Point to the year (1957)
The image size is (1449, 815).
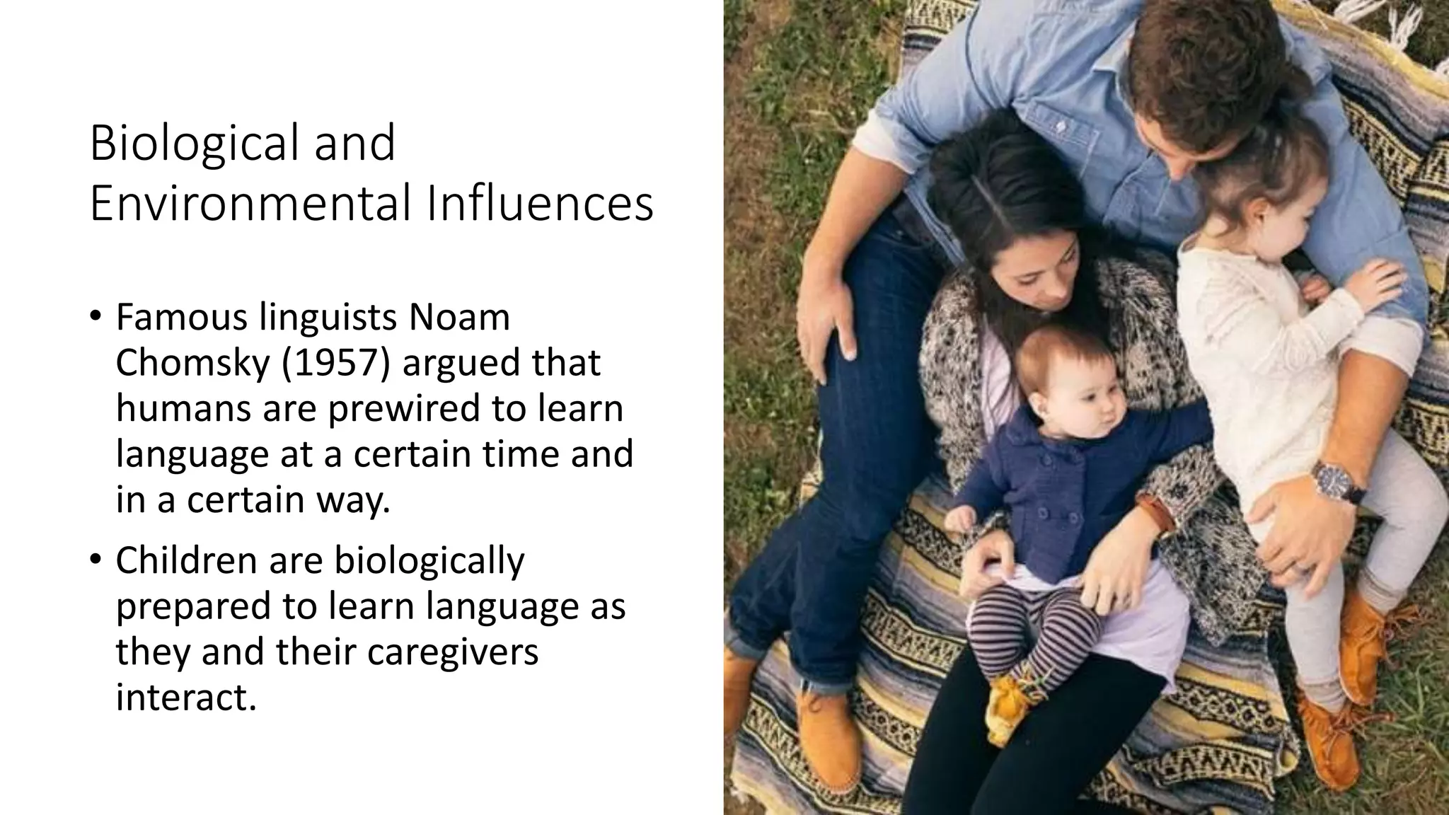pyautogui.click(x=335, y=363)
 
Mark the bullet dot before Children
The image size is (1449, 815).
pyautogui.click(x=96, y=560)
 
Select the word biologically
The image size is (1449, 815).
pyautogui.click(x=429, y=560)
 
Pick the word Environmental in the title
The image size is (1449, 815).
pyautogui.click(x=251, y=204)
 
